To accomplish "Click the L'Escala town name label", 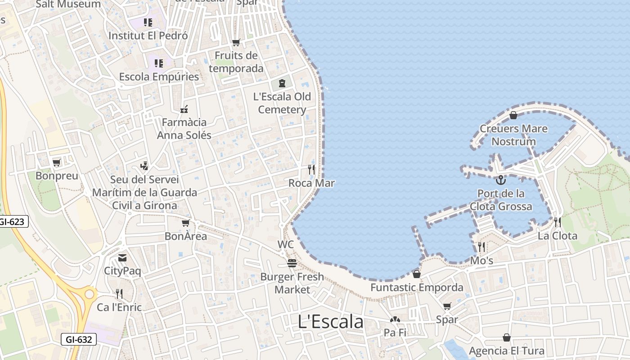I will pos(331,322).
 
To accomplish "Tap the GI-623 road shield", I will pos(13,221).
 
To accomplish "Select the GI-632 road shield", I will pos(78,339).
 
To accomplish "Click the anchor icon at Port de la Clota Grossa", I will pos(500,180).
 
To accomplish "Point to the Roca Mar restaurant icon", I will pos(311,170).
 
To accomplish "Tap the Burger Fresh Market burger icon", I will pos(292,263).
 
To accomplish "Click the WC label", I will pos(286,244).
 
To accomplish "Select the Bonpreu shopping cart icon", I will pos(57,162).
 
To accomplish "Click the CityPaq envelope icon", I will pos(122,258).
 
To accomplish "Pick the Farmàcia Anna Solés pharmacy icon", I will pos(184,109).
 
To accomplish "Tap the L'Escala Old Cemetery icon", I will pos(282,83).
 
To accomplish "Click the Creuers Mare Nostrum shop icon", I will pos(513,115).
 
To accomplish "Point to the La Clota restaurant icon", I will pos(558,222).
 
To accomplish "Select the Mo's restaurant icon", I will pos(481,247).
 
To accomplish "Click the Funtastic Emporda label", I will pos(417,288).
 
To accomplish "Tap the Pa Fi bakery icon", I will pos(395,319).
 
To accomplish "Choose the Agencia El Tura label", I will pos(507,351).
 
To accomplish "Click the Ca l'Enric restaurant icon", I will pos(119,294).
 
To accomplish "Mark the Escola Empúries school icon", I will pos(159,63).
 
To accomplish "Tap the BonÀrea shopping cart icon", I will pos(185,223).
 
